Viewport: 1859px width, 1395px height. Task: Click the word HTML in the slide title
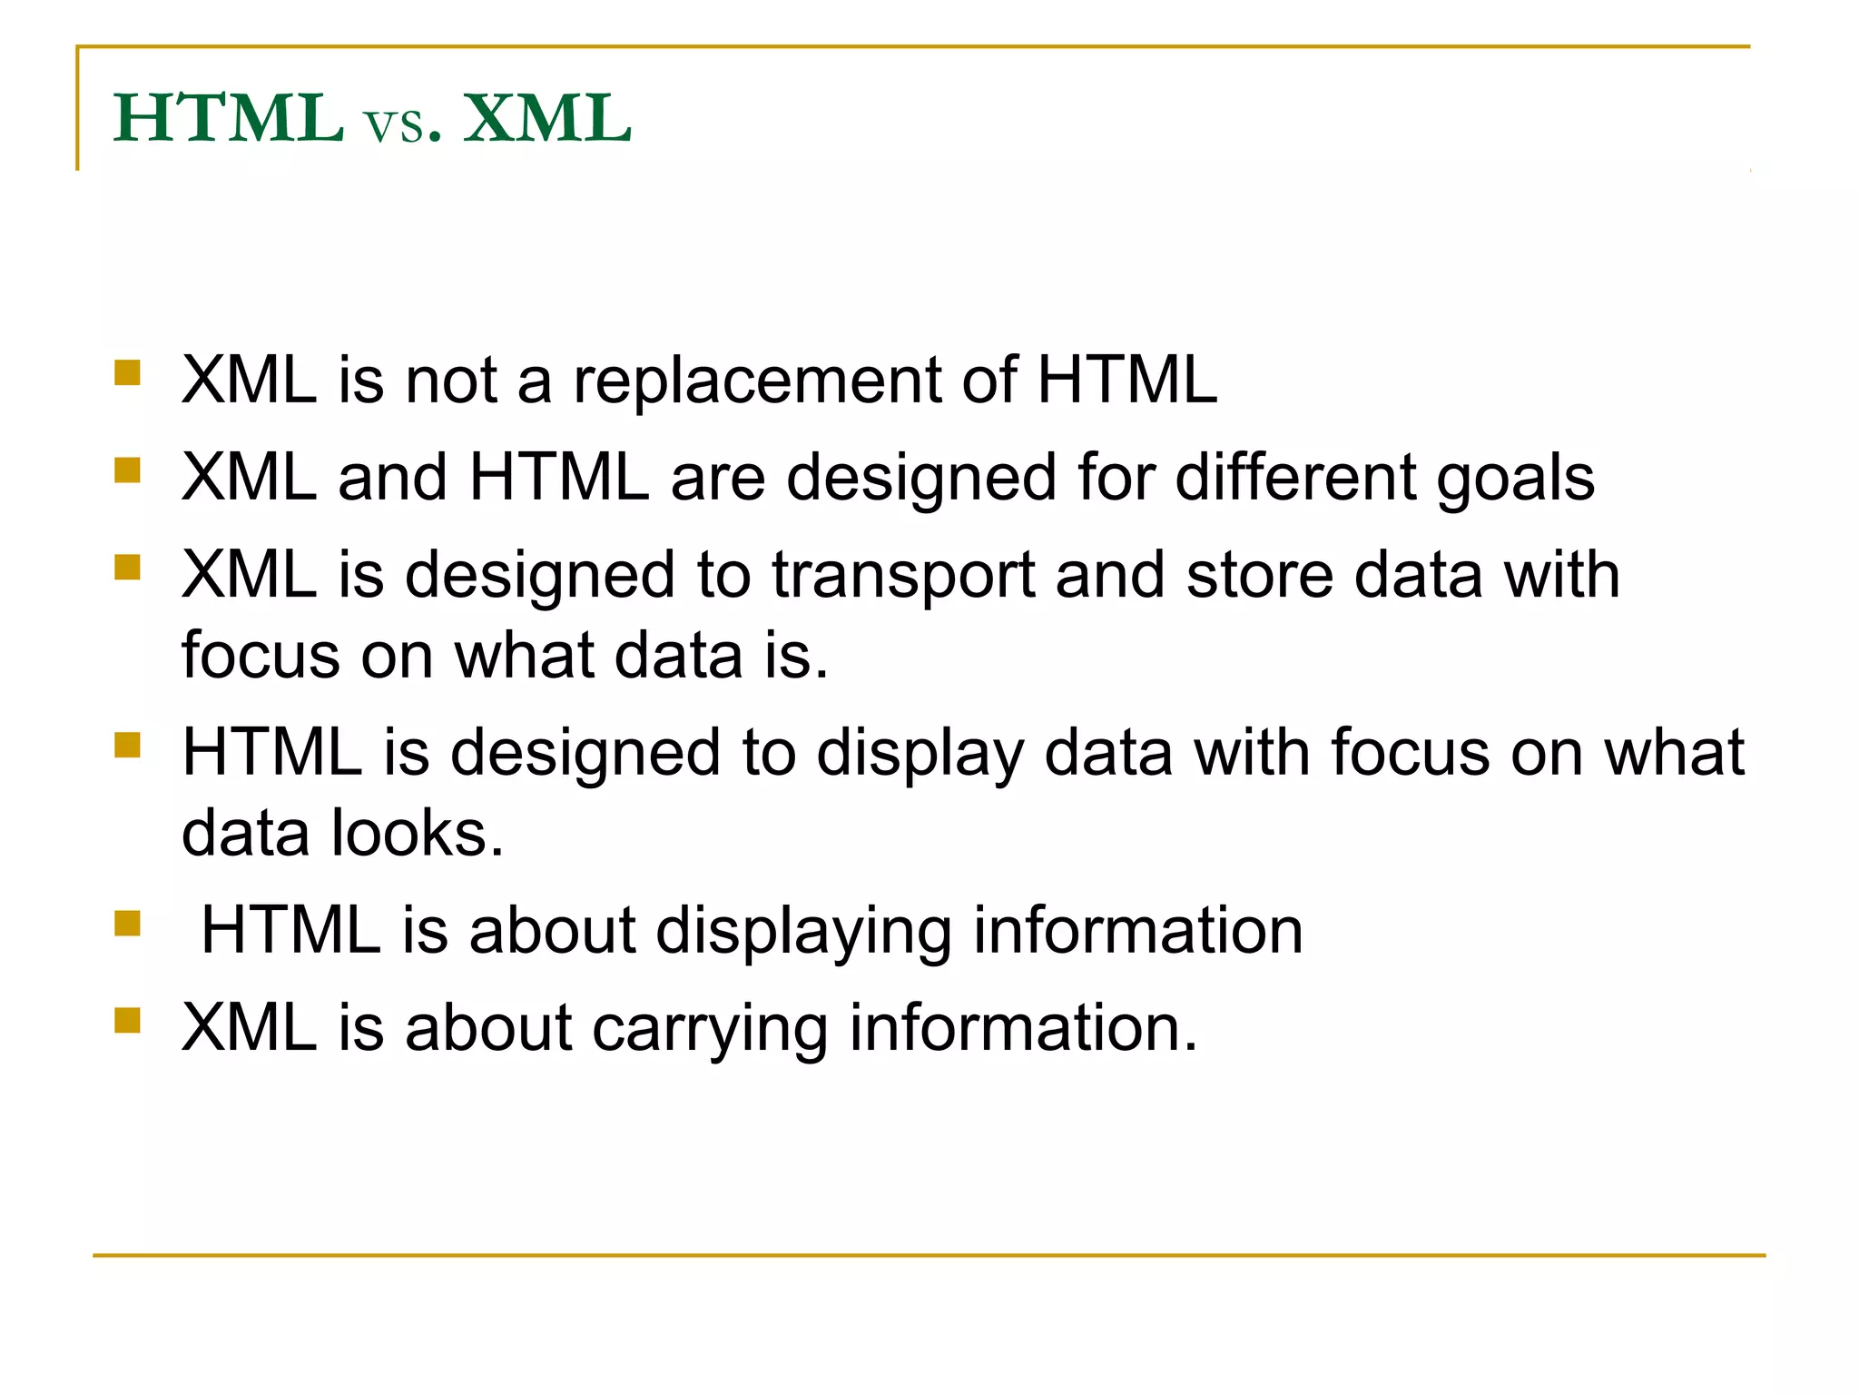228,119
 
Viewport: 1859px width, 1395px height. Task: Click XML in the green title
546,119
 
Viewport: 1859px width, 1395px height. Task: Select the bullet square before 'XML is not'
128,373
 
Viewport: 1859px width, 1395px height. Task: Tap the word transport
903,578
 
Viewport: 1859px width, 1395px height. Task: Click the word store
1260,576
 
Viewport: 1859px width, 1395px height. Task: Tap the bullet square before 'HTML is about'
128,924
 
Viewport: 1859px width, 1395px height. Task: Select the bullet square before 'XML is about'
128,1021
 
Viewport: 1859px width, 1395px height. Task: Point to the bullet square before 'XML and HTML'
128,470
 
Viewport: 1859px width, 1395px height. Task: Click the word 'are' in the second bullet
717,480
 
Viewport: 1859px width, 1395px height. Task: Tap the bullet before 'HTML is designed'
128,746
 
